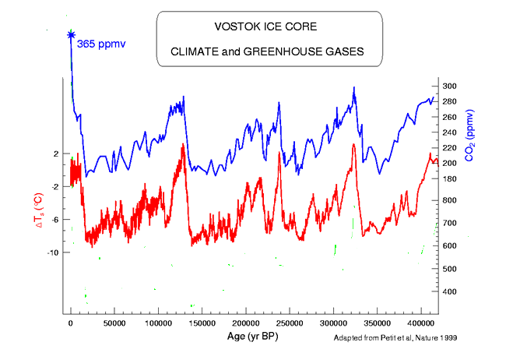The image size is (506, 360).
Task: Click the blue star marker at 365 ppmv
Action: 71,34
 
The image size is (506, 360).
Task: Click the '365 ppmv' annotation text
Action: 102,55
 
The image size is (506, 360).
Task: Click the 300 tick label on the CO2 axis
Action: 450,86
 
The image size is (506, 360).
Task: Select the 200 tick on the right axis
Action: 450,163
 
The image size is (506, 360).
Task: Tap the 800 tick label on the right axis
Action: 450,200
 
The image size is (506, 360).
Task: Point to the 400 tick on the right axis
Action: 450,291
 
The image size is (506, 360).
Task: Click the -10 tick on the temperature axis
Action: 54,252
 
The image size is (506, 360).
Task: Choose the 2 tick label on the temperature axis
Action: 57,154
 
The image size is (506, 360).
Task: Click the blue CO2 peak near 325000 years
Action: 354,88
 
